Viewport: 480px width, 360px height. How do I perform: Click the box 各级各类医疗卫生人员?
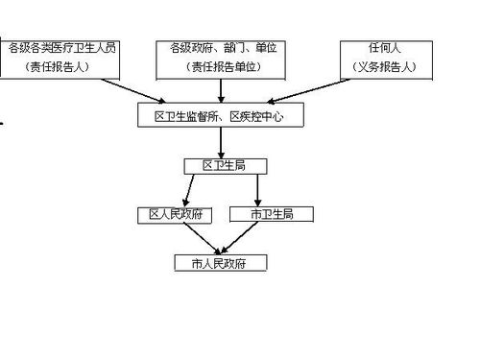pyautogui.click(x=62, y=58)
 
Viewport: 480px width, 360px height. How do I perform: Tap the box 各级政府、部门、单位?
pyautogui.click(x=222, y=58)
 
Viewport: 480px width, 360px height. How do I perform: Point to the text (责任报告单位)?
pyautogui.click(x=222, y=68)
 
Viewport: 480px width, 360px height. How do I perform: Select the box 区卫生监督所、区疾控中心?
pyautogui.click(x=220, y=116)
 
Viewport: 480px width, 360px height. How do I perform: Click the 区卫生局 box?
pyautogui.click(x=222, y=165)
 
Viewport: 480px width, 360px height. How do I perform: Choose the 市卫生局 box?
pyautogui.click(x=272, y=214)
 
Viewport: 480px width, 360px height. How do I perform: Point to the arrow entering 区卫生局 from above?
pyautogui.click(x=222, y=142)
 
